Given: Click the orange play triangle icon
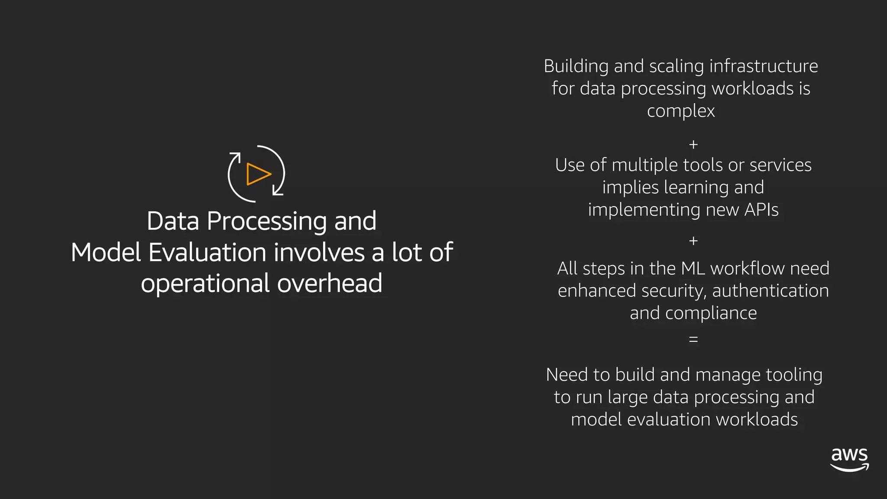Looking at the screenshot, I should point(258,174).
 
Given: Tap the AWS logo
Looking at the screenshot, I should point(849,460).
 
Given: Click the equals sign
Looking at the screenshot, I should point(693,339).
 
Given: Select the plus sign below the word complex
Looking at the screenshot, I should point(693,144).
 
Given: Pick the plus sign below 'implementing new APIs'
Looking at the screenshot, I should point(693,241).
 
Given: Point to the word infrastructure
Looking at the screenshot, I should point(764,66).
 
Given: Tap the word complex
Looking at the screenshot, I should point(680,111).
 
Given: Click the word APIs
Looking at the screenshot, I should point(761,210).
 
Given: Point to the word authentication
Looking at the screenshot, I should point(770,291).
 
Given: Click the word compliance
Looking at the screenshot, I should point(711,313).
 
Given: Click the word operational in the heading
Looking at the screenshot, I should point(205,284).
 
